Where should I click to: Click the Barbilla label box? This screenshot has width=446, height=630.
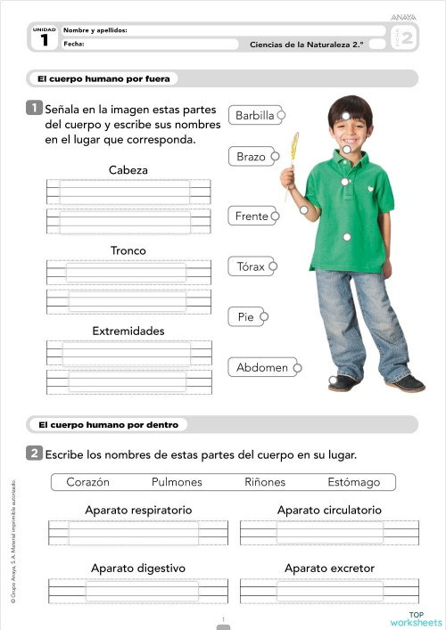[254, 115]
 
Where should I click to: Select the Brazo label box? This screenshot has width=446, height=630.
[251, 157]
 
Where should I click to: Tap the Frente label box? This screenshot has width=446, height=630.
[252, 217]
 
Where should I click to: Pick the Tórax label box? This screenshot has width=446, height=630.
[251, 266]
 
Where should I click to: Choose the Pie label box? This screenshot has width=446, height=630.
[245, 316]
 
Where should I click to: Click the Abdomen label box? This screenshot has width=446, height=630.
[262, 367]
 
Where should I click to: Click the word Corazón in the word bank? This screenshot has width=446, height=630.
[88, 482]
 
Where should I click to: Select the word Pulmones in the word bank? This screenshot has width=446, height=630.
[177, 482]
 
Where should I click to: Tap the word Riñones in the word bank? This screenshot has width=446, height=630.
[265, 482]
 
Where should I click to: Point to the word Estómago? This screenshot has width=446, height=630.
[353, 482]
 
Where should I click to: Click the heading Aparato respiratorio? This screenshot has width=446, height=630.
[138, 511]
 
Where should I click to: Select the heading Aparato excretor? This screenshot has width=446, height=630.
[329, 568]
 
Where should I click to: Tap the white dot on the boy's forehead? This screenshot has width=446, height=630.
[346, 116]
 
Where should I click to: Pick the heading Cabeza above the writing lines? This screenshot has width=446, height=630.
[128, 169]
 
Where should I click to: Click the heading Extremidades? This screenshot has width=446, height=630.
[128, 331]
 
